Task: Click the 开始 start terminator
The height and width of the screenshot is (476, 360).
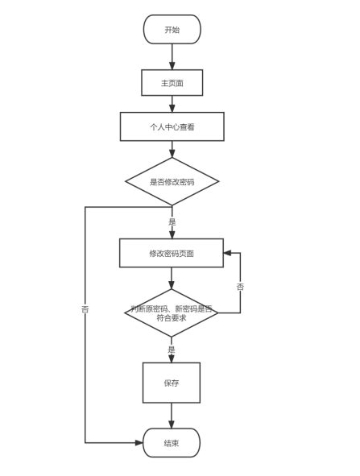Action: point(172,30)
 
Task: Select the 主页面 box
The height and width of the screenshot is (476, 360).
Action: point(172,83)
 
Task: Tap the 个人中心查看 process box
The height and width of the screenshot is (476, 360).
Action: point(172,126)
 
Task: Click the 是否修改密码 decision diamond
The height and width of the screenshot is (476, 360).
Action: point(172,181)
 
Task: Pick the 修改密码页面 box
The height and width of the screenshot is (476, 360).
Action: point(171,253)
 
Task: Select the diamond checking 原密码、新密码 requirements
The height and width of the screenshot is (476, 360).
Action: point(171,313)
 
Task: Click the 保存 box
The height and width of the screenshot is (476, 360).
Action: point(171,383)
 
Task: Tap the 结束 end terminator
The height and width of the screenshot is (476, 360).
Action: point(171,442)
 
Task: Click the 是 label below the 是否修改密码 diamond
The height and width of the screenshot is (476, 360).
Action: point(172,221)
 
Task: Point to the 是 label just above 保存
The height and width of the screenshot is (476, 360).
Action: point(171,350)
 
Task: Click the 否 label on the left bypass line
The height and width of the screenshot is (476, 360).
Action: point(85,309)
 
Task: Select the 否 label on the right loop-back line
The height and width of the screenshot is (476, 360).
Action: point(240,287)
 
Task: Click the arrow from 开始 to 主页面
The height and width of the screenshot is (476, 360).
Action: point(172,56)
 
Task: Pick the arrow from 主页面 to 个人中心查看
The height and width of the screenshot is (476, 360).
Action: point(172,104)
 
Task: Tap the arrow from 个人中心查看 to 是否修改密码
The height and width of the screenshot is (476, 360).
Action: point(172,149)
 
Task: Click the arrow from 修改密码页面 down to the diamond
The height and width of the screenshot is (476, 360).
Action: point(171,278)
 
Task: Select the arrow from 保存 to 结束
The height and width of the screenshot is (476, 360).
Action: point(171,415)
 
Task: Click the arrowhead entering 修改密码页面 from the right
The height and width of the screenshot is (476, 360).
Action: point(228,253)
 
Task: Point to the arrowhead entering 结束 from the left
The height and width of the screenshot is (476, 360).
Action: point(139,442)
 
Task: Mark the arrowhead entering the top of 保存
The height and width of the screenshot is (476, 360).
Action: point(171,358)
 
